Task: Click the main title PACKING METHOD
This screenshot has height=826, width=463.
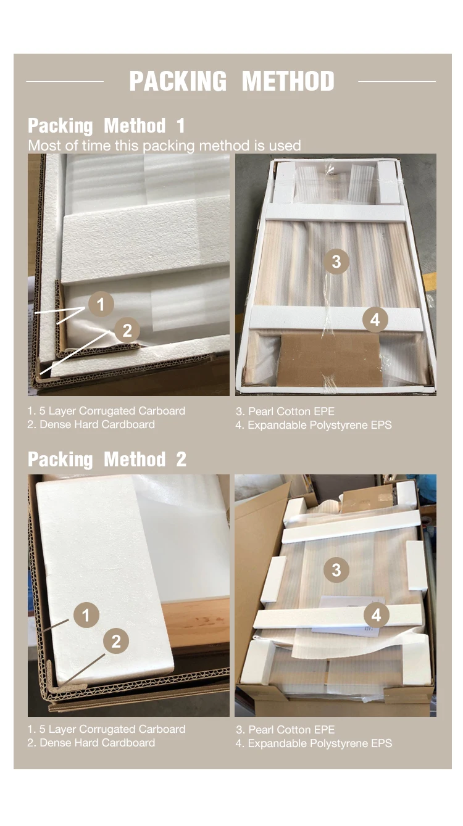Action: click(231, 81)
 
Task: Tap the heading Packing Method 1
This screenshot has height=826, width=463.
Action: click(106, 126)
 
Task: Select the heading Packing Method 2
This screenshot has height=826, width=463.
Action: click(107, 460)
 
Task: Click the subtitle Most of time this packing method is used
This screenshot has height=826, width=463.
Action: click(165, 146)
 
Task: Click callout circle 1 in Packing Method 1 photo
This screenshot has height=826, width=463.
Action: click(101, 304)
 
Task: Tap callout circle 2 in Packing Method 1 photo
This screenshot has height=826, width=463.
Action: click(127, 330)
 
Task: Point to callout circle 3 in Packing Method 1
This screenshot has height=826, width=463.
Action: click(336, 262)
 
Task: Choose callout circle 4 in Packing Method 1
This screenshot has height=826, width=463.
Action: click(375, 320)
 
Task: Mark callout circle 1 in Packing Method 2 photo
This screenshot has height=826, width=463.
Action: click(86, 614)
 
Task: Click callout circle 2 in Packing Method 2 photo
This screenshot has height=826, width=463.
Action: click(116, 642)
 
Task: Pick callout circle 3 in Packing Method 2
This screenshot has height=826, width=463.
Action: click(336, 570)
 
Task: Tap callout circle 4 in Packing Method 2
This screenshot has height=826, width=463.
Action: click(377, 614)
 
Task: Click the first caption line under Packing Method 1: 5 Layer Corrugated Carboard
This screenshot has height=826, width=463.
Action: click(106, 411)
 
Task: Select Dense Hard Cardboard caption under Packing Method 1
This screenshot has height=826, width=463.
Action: click(91, 424)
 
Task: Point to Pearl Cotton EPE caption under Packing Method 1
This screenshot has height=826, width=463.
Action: click(285, 411)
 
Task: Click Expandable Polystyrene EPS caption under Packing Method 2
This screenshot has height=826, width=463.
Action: click(314, 743)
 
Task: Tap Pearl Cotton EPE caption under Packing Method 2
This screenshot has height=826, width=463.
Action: click(285, 729)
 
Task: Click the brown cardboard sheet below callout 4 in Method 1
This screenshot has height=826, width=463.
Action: click(330, 360)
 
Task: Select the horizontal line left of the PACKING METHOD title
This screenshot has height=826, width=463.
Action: click(65, 81)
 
